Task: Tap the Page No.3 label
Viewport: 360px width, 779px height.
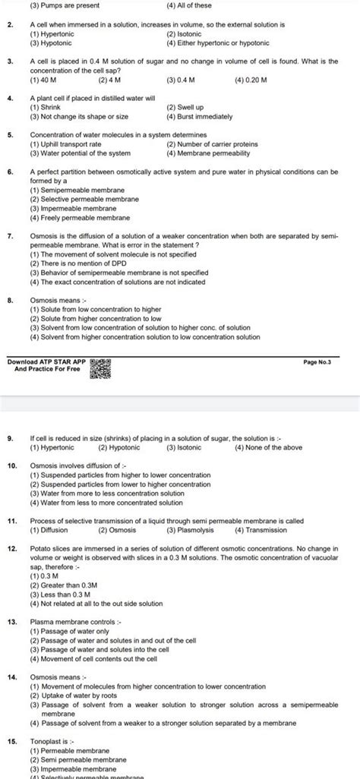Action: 323,364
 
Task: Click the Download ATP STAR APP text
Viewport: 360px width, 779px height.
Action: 46,363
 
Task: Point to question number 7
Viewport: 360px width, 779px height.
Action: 11,236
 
